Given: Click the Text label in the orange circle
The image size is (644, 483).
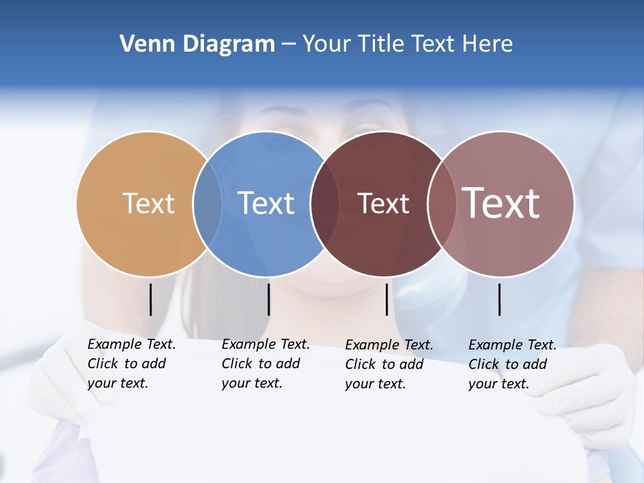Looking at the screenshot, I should coord(148,203).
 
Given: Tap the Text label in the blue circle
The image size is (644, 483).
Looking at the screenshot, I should coord(266,203).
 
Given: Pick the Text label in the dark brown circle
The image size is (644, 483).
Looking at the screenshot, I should coord(383,203).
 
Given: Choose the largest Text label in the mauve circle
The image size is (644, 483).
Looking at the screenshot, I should coord(501,203).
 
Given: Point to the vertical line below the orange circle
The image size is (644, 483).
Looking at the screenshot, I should coord(150,299).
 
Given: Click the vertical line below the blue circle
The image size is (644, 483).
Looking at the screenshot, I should coord(268,299).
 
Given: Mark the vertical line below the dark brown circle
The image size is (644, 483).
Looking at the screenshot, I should coord(387,299).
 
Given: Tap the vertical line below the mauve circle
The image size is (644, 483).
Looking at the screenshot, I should coord(500,299).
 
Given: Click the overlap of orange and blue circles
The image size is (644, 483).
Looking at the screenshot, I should coord(207,203).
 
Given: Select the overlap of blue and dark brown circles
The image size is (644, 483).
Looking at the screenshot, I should coord(325,203).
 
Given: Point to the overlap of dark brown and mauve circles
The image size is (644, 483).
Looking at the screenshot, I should coord(442,203).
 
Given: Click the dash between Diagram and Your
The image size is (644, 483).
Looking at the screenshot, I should coord(288,44).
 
